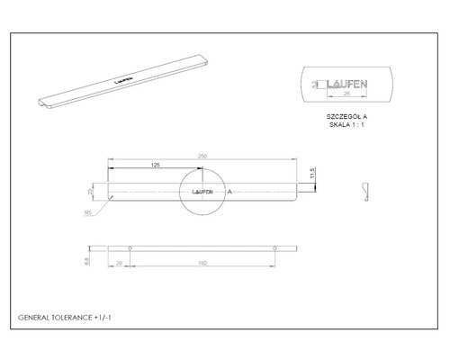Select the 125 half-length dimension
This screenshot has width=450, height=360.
pos(155,166)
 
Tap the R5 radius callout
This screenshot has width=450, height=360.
pos(87,212)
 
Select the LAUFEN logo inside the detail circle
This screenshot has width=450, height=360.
pos(204,192)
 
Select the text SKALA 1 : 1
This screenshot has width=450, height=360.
pos(345,126)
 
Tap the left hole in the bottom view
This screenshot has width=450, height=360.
pos(130,247)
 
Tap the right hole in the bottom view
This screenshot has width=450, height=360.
pos(274,247)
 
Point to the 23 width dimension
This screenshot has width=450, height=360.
pos(90,191)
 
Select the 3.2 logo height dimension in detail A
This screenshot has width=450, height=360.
pos(314,85)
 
